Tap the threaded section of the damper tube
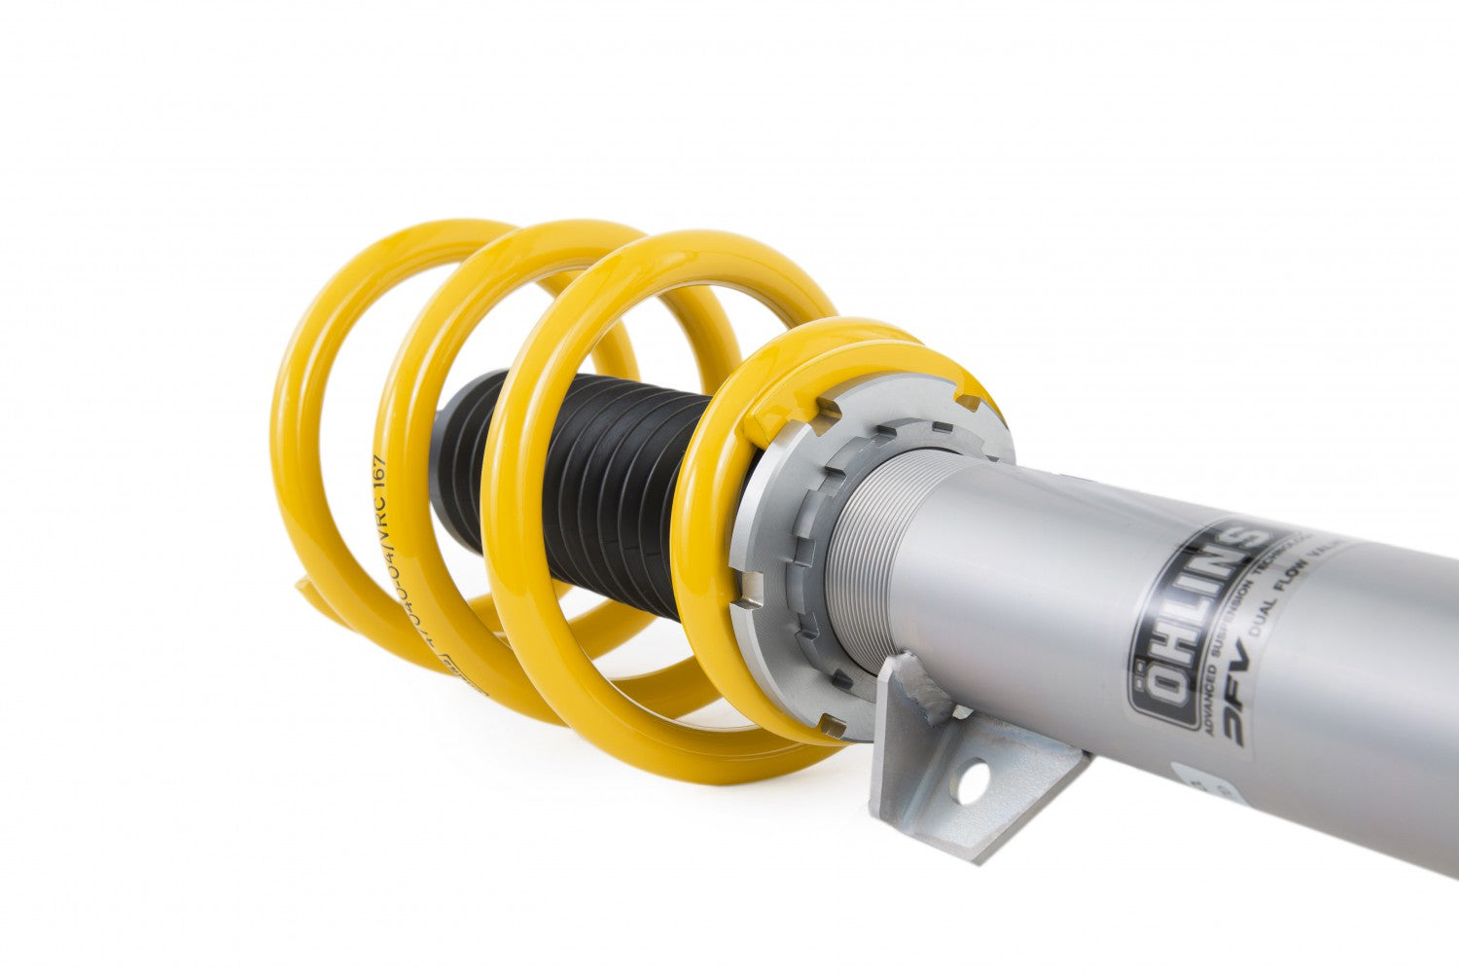click(x=866, y=564)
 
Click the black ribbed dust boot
click(x=623, y=486)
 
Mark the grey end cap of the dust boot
click(x=444, y=467)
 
